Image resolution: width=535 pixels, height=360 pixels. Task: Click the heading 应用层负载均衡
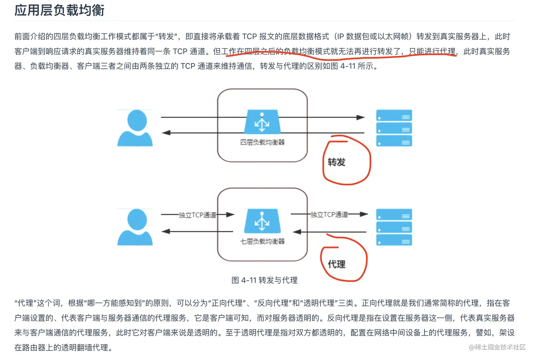tap(59, 10)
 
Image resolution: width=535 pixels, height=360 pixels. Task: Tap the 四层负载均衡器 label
tap(262, 142)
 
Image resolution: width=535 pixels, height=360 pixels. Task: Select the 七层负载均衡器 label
tap(262, 241)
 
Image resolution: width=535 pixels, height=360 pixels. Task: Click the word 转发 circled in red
tap(336, 162)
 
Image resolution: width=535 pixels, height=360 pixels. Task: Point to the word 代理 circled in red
tap(336, 264)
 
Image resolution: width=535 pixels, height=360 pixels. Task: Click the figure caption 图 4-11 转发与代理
tap(264, 280)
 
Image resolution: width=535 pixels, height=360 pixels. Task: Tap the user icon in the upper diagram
tap(135, 128)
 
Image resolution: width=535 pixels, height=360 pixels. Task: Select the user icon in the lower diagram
tap(135, 227)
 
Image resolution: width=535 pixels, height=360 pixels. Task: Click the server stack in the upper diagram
tap(394, 128)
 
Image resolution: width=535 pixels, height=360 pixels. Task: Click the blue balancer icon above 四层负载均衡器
tap(262, 122)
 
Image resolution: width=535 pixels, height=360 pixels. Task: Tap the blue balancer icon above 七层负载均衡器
tap(262, 221)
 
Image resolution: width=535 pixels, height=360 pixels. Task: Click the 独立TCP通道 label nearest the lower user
tap(197, 215)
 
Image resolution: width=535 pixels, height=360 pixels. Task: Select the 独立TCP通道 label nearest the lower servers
tap(329, 214)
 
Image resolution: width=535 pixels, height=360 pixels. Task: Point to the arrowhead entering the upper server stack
tap(361, 117)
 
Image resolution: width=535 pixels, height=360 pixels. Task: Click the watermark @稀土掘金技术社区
tap(497, 347)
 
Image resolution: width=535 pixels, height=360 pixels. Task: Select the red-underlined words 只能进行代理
tap(432, 51)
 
